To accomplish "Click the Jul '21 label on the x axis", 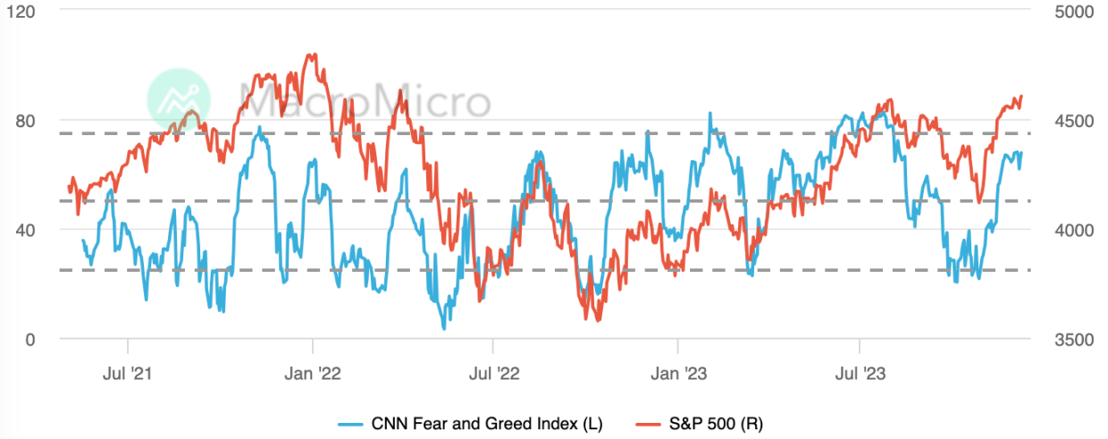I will click(x=129, y=373).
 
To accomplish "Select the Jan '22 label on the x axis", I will click(x=313, y=373).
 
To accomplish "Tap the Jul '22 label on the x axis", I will click(x=491, y=373).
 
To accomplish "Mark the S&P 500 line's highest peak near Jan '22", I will click(x=310, y=55).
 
